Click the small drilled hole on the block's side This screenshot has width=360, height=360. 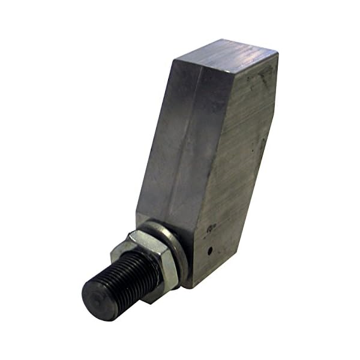[209, 251]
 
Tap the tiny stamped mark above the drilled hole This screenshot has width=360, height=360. [211, 229]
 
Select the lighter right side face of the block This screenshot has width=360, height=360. [237, 162]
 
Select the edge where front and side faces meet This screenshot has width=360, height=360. [213, 150]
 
